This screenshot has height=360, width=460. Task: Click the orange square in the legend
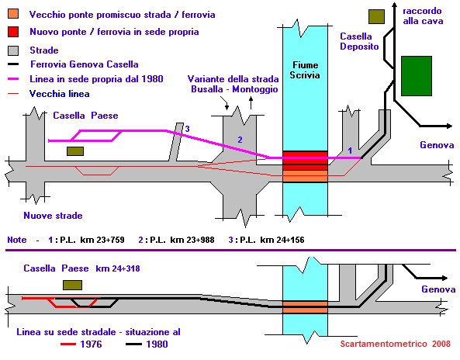point(13,14)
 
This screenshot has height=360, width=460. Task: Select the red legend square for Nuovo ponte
point(13,32)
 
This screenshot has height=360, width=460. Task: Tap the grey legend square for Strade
point(13,50)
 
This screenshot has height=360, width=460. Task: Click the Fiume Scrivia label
point(305,70)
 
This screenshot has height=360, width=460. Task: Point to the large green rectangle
point(417,76)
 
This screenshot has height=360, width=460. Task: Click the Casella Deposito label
point(359,41)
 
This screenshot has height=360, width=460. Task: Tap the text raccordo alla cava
point(423,16)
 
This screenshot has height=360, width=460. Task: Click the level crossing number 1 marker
point(350,151)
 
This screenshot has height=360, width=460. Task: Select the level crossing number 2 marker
point(240,140)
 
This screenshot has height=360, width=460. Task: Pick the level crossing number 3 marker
point(187,129)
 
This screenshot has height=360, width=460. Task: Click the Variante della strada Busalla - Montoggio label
point(233,84)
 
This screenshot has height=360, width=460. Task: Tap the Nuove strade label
point(53,216)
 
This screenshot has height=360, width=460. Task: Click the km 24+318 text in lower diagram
point(118,268)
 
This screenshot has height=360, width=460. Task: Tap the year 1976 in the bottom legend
point(91,344)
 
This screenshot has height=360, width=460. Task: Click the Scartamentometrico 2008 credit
point(395,344)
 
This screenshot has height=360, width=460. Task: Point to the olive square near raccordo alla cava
point(376,16)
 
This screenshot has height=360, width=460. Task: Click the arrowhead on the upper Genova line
point(449,126)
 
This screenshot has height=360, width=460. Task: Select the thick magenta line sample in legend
point(13,79)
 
